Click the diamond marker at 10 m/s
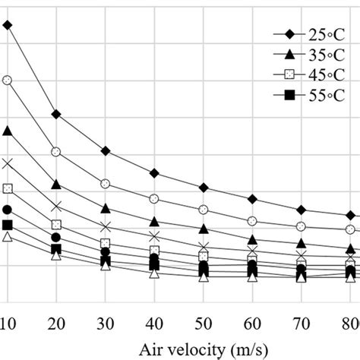point(8,25)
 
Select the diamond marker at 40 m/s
point(154,173)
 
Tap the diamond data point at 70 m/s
point(302,210)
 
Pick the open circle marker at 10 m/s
point(8,80)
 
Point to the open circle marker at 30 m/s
point(106,184)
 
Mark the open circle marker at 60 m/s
point(252,220)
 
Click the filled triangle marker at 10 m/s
point(8,131)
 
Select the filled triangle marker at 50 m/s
point(204,229)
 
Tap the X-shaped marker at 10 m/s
point(8,163)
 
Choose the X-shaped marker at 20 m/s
point(56,207)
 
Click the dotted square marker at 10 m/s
point(8,188)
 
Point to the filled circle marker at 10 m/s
point(8,210)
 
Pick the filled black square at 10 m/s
point(8,225)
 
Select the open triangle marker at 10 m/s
point(8,238)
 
